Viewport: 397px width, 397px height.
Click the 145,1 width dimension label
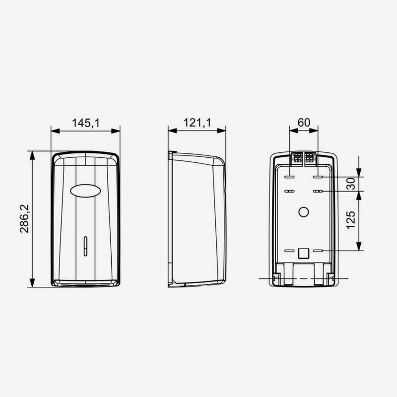tap(86, 123)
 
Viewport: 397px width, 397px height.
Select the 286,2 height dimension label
tap(24, 219)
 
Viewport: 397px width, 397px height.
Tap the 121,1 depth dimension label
tap(197, 123)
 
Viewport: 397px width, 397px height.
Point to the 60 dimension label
tap(304, 123)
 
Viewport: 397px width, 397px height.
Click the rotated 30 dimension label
tap(351, 184)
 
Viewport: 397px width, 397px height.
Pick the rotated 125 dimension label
tap(351, 220)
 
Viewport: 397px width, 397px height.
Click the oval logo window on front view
tap(85, 191)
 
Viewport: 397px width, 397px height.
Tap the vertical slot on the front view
tap(85, 246)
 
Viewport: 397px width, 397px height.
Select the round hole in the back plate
tap(304, 212)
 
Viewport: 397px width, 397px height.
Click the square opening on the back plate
tap(304, 253)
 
